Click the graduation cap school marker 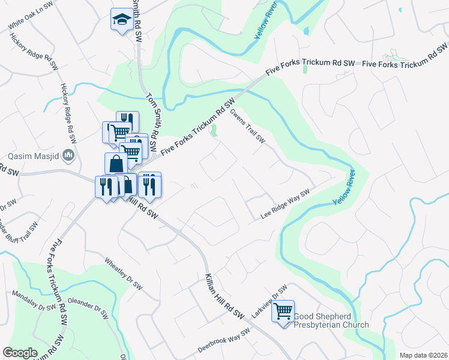coord(122,20)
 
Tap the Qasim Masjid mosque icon coord(69,157)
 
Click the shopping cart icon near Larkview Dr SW coord(283,311)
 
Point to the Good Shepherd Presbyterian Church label coord(331,325)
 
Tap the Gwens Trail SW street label coord(247,126)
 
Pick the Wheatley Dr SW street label coord(123,274)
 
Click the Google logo coord(20,353)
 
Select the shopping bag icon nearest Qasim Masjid coord(115,163)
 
